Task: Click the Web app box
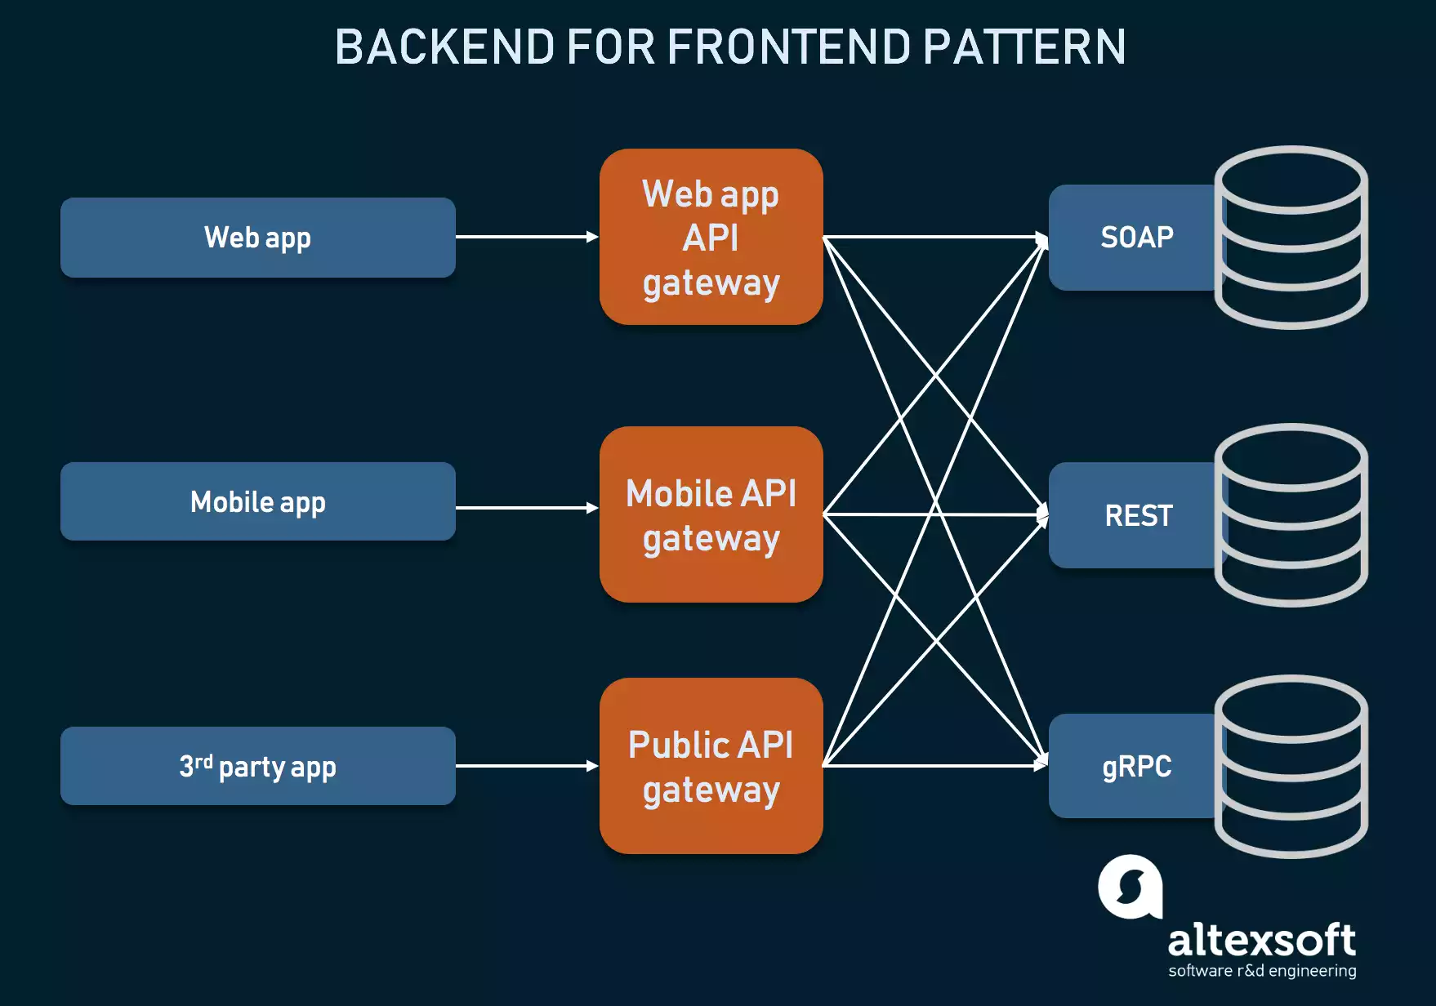pyautogui.click(x=257, y=238)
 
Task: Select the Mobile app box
pyautogui.click(x=257, y=501)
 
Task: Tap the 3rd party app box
pyautogui.click(x=257, y=766)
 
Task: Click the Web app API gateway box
pyautogui.click(x=711, y=237)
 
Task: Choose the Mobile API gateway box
pyautogui.click(x=711, y=514)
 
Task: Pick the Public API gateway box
pyautogui.click(x=711, y=766)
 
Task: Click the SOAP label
pyautogui.click(x=1136, y=238)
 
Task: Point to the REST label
pyautogui.click(x=1138, y=515)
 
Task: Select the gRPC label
pyautogui.click(x=1136, y=766)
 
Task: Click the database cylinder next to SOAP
pyautogui.click(x=1291, y=237)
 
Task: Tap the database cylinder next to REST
pyautogui.click(x=1291, y=514)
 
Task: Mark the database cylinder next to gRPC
pyautogui.click(x=1291, y=766)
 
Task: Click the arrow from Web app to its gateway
pyautogui.click(x=527, y=237)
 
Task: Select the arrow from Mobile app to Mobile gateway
pyautogui.click(x=527, y=508)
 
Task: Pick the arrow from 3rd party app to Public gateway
pyautogui.click(x=527, y=766)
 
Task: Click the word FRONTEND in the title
pyautogui.click(x=788, y=47)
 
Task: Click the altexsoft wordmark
pyautogui.click(x=1261, y=941)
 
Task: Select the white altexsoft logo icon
pyautogui.click(x=1130, y=887)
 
